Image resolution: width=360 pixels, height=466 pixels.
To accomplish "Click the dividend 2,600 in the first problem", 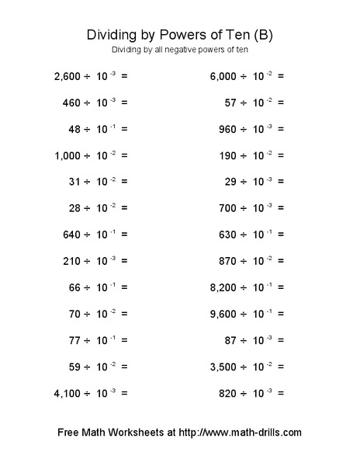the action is [68, 76].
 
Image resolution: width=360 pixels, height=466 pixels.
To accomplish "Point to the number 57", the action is [230, 103].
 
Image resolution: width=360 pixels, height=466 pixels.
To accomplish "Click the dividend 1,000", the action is [68, 155].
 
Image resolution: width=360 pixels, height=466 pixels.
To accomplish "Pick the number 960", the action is [227, 129].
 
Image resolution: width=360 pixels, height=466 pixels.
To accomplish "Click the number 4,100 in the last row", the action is [68, 393].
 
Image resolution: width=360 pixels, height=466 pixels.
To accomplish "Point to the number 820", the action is [227, 393].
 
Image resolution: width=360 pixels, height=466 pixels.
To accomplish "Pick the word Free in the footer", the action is [71, 433].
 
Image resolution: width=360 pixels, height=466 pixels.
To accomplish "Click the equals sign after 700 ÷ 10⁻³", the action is [280, 208].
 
